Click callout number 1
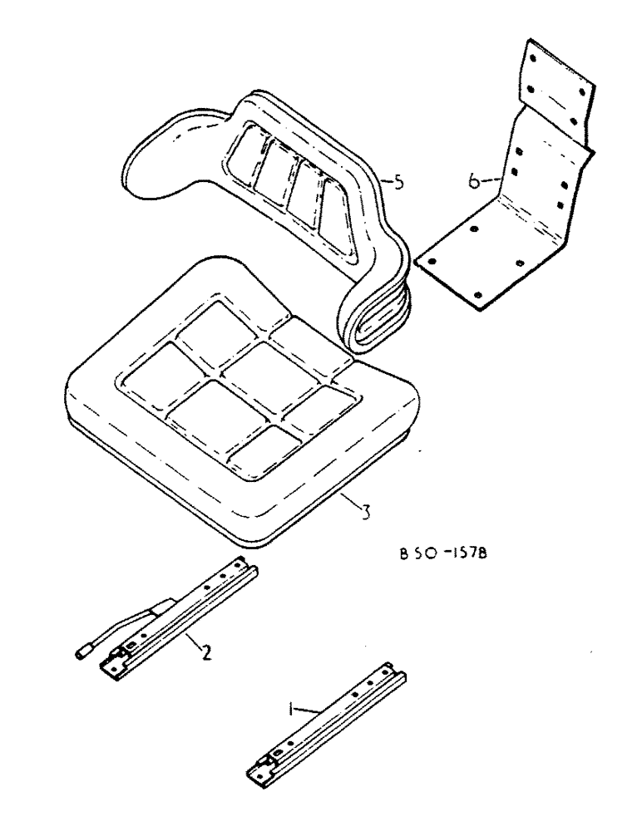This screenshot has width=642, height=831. [291, 709]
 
